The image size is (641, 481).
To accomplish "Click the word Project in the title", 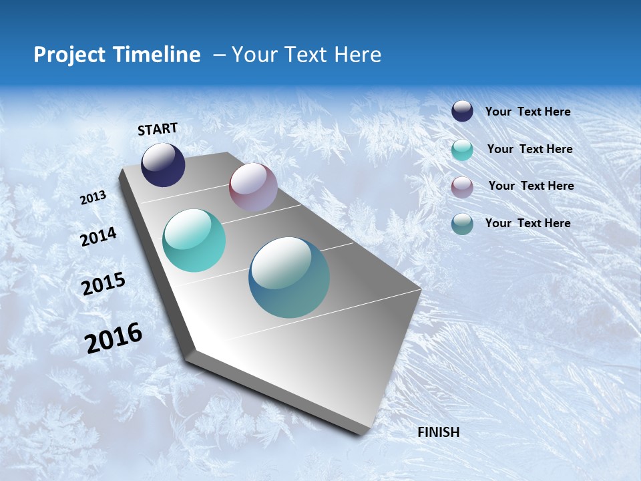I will pos(69,55).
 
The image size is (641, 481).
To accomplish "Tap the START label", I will pos(158,129).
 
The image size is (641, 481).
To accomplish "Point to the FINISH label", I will pos(439,432).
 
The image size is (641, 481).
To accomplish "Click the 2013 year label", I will pos(93,198).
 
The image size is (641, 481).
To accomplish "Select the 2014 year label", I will pos(98,237).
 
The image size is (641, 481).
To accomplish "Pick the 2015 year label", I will pos(103,284).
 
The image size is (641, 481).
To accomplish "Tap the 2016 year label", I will pos(114,337).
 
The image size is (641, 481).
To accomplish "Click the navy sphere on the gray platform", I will pos(163,164).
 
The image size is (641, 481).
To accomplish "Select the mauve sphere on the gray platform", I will pos(253,187).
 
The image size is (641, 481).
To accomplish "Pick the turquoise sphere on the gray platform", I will pos(194,240).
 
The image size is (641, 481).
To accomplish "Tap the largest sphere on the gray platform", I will pos(289,277).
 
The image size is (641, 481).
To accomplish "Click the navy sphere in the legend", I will pos(462,112).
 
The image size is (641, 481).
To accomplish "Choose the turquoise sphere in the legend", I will pos(462,150).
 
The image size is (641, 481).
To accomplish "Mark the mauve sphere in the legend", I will pos(462,187).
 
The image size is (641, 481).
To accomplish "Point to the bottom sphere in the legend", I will pos(462,224).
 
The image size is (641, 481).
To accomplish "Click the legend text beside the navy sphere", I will pos(527,112).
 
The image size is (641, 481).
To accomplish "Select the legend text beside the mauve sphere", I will pos(531,186).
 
